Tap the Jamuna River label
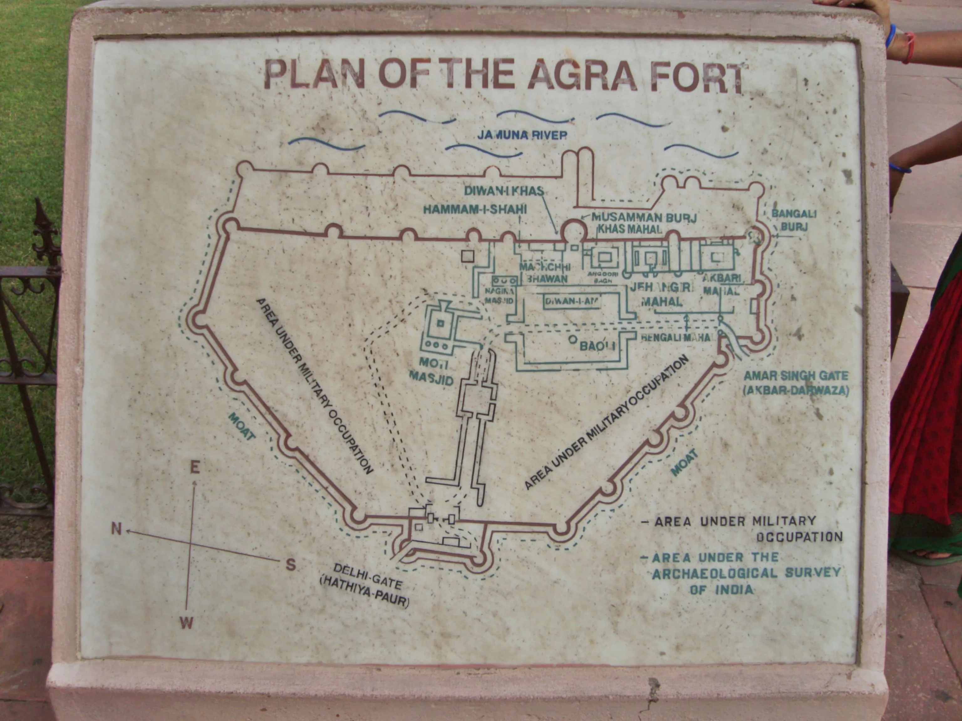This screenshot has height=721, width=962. pyautogui.click(x=522, y=135)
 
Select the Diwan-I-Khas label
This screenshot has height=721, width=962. pyautogui.click(x=504, y=191)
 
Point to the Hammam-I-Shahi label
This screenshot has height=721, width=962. pyautogui.click(x=475, y=209)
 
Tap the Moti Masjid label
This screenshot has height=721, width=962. pyautogui.click(x=431, y=371)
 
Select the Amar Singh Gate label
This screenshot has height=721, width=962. pyautogui.click(x=796, y=382)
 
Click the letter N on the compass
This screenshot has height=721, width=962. pyautogui.click(x=116, y=529)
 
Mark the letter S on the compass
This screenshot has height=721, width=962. pyautogui.click(x=291, y=565)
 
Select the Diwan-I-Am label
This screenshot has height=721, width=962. pyautogui.click(x=572, y=301)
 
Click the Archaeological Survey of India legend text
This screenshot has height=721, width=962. pyautogui.click(x=745, y=573)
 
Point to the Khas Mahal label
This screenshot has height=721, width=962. pyautogui.click(x=630, y=229)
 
